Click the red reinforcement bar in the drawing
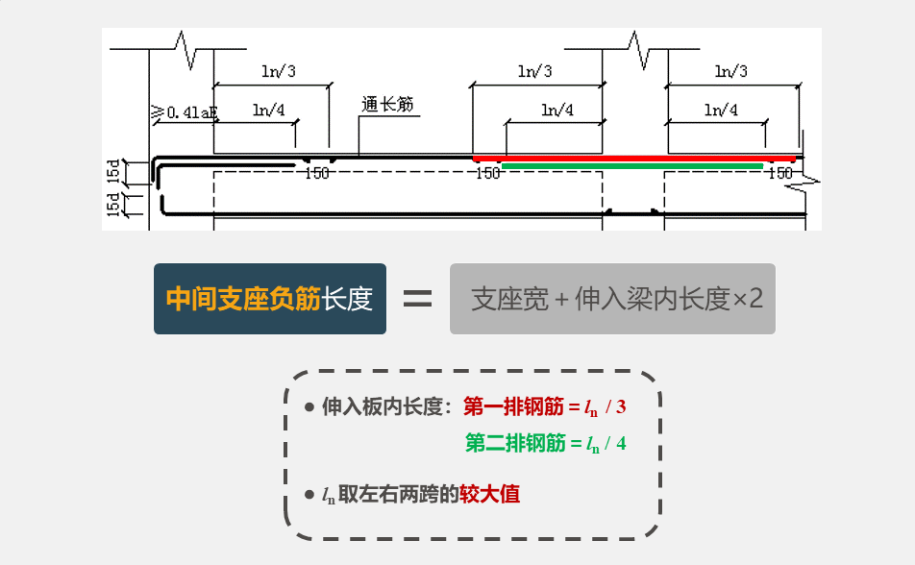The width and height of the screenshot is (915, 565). [x=634, y=158]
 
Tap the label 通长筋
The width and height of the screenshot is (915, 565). [x=387, y=105]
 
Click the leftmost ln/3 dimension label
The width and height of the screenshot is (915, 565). [x=279, y=71]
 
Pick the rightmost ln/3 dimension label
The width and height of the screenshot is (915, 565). [x=731, y=71]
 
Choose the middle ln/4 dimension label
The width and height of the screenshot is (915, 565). [x=556, y=111]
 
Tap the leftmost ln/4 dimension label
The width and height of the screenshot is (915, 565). [x=269, y=111]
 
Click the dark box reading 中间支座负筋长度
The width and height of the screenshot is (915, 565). [x=270, y=299]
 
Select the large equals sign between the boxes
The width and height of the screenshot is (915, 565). [x=417, y=299]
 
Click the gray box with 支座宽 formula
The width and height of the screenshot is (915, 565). [x=612, y=299]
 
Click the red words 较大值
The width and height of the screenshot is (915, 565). [x=490, y=495]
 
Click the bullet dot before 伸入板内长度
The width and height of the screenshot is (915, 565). [x=309, y=407]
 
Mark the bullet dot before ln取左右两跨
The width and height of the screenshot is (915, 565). [x=309, y=496]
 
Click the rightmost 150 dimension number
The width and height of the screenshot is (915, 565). [x=780, y=174]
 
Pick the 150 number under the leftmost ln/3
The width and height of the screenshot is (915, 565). [x=317, y=174]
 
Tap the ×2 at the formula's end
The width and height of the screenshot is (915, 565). [x=748, y=300]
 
